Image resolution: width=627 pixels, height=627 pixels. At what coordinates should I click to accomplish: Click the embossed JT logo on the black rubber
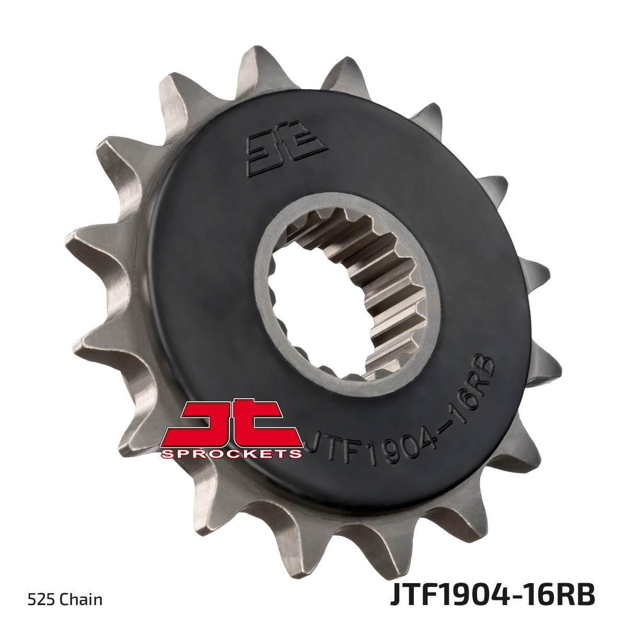point(285,148)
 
